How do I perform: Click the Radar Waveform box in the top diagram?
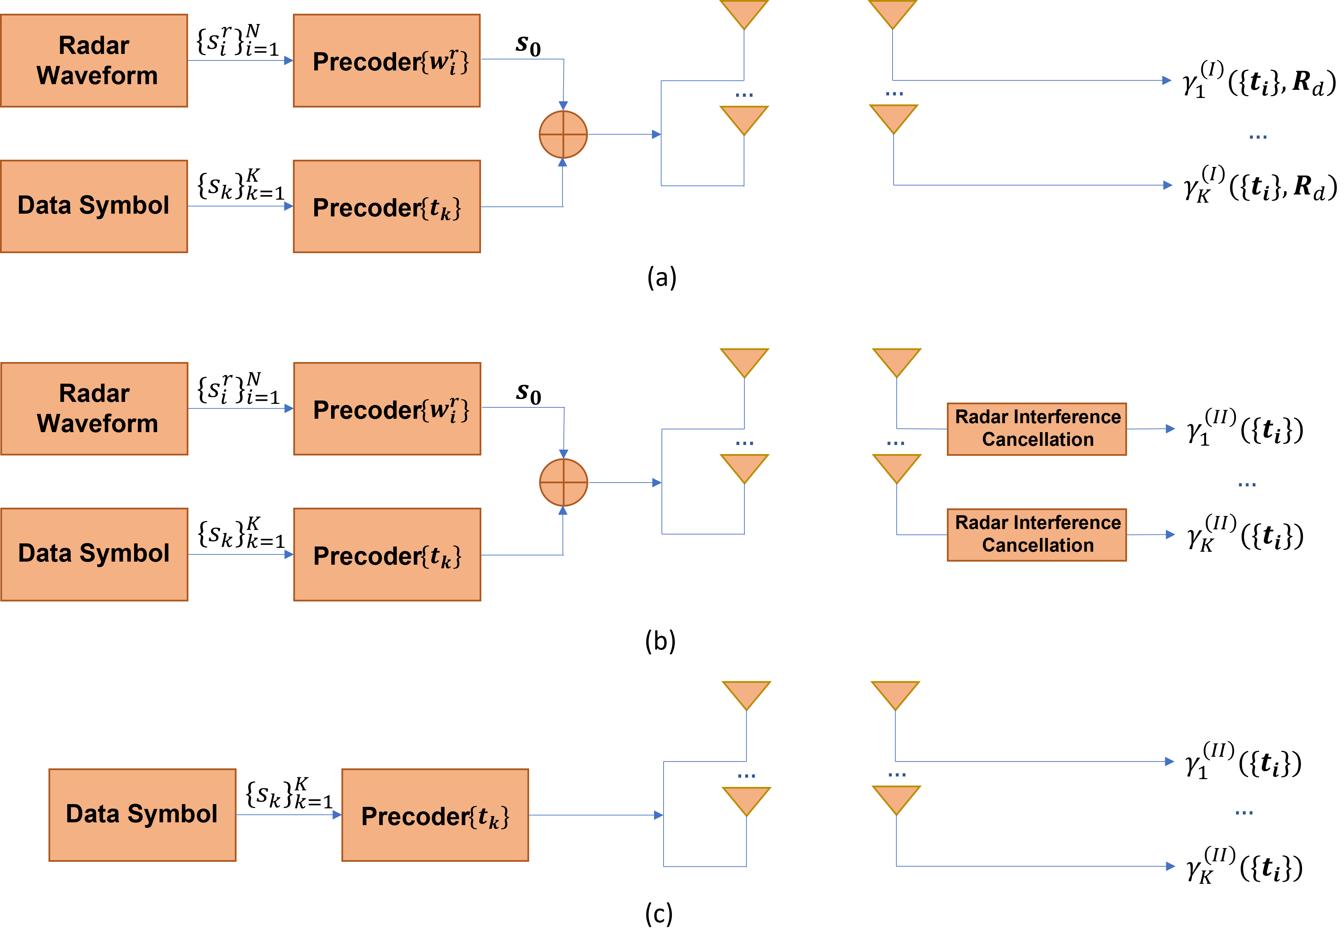click(94, 60)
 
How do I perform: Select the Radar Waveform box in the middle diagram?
click(94, 408)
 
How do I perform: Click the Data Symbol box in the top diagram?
click(94, 206)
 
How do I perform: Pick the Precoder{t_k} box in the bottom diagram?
click(435, 815)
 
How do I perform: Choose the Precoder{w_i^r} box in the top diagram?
click(386, 60)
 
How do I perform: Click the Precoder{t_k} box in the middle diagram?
click(387, 554)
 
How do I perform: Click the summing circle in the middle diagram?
click(563, 483)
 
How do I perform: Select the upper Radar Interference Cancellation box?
click(1036, 429)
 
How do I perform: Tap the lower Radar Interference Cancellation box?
click(1036, 534)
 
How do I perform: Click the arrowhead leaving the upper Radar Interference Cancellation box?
click(1170, 429)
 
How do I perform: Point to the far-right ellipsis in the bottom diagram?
click(1244, 812)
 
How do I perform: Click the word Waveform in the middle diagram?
click(97, 424)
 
